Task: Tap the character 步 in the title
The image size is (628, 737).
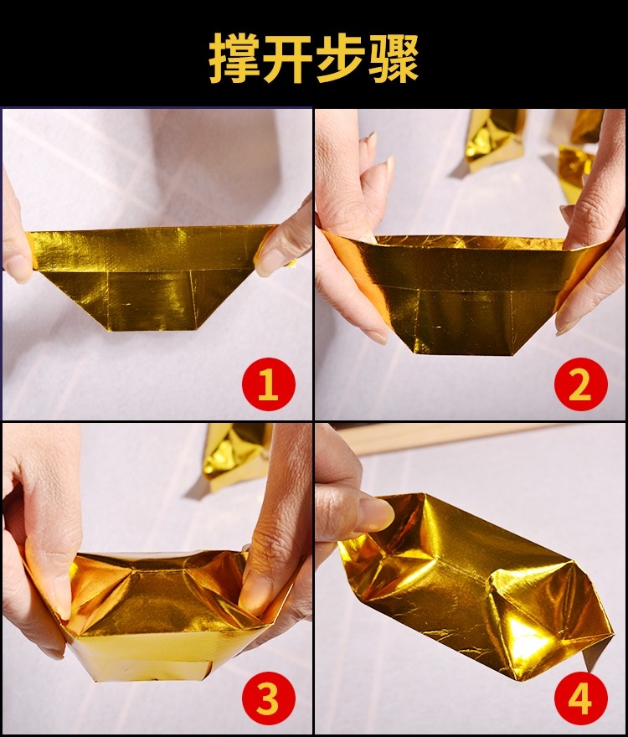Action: [x=340, y=57]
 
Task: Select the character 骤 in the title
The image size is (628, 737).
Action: [x=393, y=57]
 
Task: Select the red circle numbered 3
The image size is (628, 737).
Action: [x=268, y=699]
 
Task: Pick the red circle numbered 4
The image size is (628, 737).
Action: [x=580, y=698]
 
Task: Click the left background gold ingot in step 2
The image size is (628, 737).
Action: [x=494, y=138]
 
